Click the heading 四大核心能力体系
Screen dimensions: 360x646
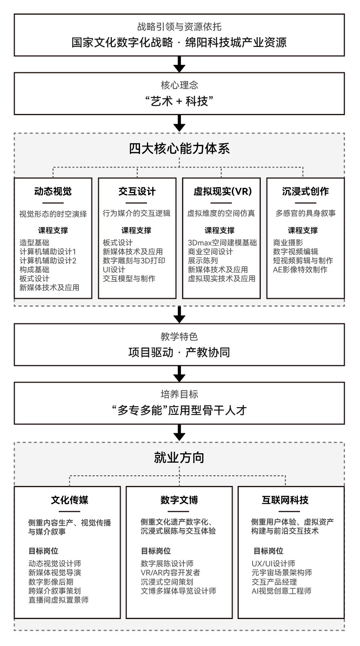tap(179, 149)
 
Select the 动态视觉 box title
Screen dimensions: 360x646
tap(53, 192)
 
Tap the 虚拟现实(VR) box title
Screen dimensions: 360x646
tap(222, 192)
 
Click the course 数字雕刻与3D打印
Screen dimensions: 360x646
tap(134, 261)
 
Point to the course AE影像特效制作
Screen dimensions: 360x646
tap(300, 270)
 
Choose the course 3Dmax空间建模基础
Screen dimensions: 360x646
tap(222, 243)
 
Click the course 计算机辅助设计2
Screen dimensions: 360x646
tap(48, 261)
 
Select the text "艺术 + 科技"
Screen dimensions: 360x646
tap(179, 101)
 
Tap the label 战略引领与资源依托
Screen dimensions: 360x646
tap(179, 27)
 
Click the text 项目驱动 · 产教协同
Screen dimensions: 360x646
tap(179, 352)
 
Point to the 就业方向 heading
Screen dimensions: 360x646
tap(179, 458)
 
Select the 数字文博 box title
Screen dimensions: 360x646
tap(179, 500)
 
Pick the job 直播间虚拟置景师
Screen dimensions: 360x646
tap(58, 600)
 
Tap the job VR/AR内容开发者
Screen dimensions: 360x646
tap(170, 573)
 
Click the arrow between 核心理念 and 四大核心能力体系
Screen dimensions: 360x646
tap(179, 123)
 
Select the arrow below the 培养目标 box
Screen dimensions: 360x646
tap(179, 432)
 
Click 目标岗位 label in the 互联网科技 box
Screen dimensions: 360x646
tap(268, 551)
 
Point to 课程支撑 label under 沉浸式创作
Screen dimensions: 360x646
tap(302, 230)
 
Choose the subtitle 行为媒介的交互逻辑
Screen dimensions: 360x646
tap(137, 214)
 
